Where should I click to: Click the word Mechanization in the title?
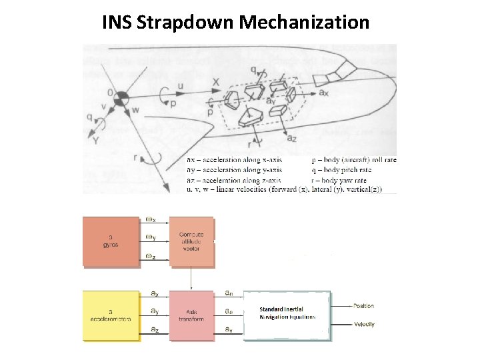[x=304, y=23]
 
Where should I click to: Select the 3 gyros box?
[x=111, y=241]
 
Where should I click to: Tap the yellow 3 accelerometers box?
[x=111, y=315]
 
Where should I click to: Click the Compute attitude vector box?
[x=192, y=241]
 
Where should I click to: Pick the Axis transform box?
[x=192, y=315]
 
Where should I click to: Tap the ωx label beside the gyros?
[x=151, y=220]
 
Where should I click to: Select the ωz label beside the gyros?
[x=151, y=257]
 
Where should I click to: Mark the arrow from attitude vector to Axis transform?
[x=192, y=279]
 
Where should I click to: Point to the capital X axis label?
[x=216, y=82]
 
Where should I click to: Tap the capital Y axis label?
[x=97, y=141]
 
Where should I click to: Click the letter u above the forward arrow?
[x=180, y=86]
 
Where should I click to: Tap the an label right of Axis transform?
[x=229, y=293]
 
